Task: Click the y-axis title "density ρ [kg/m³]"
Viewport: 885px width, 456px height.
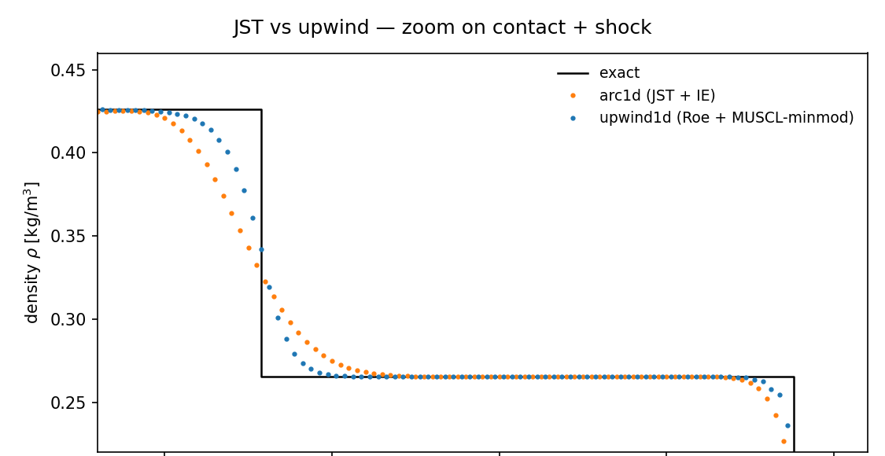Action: (x=32, y=252)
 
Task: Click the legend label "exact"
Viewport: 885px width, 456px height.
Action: (x=619, y=73)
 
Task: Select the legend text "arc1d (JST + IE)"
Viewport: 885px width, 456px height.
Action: (x=657, y=96)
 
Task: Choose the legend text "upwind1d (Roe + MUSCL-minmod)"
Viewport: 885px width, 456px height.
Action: (x=726, y=118)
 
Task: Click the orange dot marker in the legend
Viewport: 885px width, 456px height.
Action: (x=573, y=96)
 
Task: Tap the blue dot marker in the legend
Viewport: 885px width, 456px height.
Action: (x=573, y=118)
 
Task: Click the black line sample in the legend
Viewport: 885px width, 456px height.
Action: (x=573, y=73)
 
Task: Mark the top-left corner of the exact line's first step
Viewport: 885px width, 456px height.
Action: (x=261, y=109)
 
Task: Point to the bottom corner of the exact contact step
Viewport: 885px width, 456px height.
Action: (x=261, y=377)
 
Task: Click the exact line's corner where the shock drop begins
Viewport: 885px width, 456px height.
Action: (x=794, y=377)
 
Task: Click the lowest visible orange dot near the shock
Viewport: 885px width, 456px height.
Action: (x=784, y=441)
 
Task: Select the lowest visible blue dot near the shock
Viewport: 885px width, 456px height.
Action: (x=787, y=425)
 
